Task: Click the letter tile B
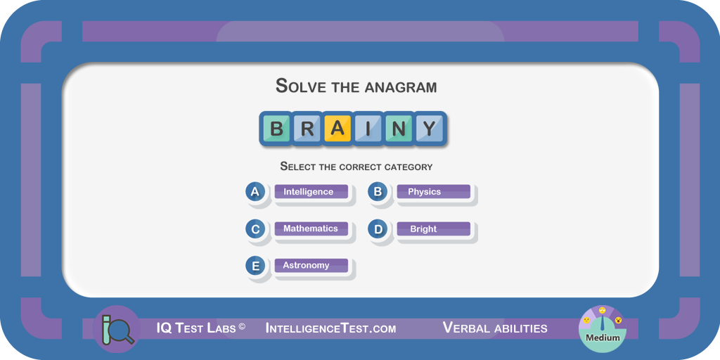point(276,129)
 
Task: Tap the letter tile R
point(307,129)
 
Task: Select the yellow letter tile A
point(337,129)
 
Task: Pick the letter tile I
point(368,129)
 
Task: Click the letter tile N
point(399,129)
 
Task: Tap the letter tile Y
point(430,129)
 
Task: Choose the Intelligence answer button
point(311,192)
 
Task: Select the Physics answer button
point(433,192)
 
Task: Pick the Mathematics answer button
point(311,229)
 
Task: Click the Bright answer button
point(433,229)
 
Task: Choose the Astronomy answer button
point(311,265)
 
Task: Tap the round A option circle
point(255,192)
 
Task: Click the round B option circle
point(378,192)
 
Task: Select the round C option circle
point(255,229)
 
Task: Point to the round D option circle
point(378,229)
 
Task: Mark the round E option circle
point(255,265)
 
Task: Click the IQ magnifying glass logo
point(117,329)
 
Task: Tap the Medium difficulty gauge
point(603,329)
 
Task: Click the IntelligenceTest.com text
point(330,328)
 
